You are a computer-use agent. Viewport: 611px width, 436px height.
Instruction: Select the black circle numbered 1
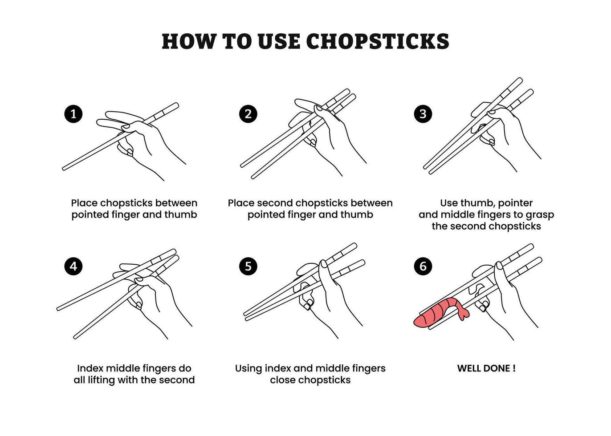click(x=73, y=113)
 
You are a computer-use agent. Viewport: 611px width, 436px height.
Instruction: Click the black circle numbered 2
click(x=248, y=113)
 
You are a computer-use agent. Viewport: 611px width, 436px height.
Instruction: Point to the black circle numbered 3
click(x=423, y=113)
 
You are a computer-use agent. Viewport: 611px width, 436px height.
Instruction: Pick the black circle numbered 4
click(x=73, y=266)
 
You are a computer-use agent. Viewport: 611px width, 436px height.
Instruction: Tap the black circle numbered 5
click(x=248, y=266)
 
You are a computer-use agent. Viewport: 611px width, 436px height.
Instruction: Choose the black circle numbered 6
click(x=423, y=266)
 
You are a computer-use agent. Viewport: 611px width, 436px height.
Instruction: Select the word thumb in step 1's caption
click(x=180, y=215)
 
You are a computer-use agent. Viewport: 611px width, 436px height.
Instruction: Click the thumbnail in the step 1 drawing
click(x=126, y=127)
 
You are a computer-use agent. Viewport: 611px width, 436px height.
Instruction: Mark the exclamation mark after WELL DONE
click(x=514, y=368)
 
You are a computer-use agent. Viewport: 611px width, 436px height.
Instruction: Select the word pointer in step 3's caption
click(x=515, y=204)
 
